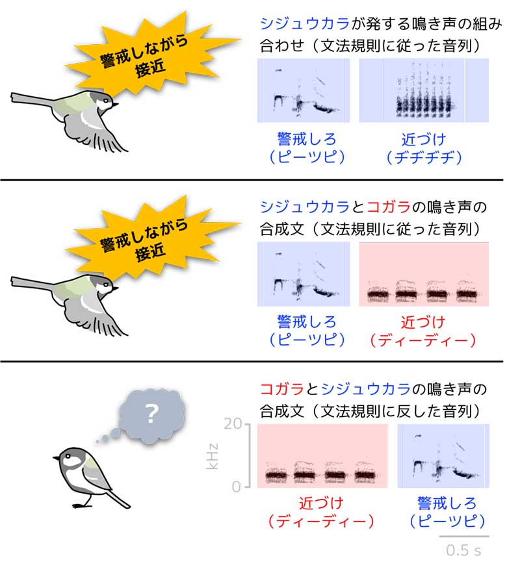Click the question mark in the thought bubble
click(152, 414)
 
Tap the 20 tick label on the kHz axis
click(233, 424)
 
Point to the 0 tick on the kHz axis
click(237, 487)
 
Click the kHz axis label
click(212, 456)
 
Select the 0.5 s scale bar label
click(463, 550)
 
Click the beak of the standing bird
click(57, 459)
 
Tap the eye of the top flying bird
click(106, 101)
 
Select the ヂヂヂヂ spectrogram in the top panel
click(423, 90)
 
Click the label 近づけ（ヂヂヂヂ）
click(424, 148)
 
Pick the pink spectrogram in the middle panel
click(423, 274)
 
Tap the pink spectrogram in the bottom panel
click(322, 456)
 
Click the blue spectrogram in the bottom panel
click(443, 456)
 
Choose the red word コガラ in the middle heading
click(389, 207)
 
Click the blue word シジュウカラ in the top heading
click(305, 24)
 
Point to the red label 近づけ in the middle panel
click(423, 322)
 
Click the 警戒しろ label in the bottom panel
click(447, 503)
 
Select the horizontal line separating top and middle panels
click(252, 180)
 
